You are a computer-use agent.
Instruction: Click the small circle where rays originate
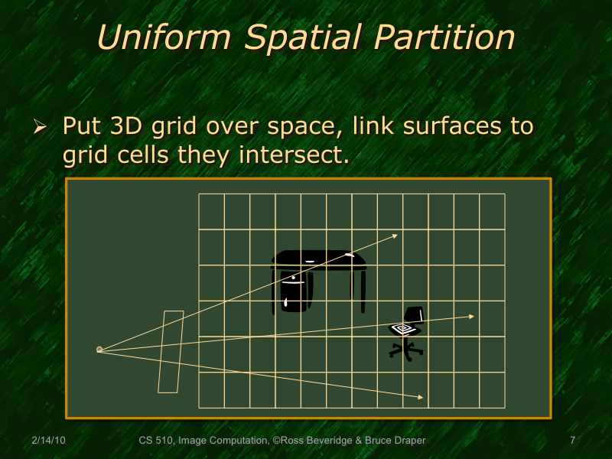point(99,350)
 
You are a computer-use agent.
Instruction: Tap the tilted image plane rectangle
point(171,352)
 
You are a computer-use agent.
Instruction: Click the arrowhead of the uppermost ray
point(395,235)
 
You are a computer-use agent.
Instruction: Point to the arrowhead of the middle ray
point(471,316)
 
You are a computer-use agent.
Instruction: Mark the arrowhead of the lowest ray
point(421,397)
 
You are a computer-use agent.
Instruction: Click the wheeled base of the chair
point(405,351)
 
